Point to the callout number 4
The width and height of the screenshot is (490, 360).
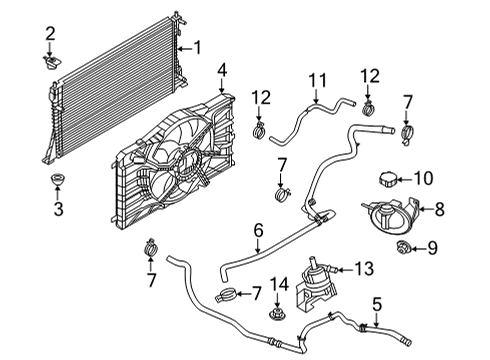pyautogui.click(x=223, y=69)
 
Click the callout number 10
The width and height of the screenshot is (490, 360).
pyautogui.click(x=424, y=180)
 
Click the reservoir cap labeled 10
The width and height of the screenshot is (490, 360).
pyautogui.click(x=386, y=181)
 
